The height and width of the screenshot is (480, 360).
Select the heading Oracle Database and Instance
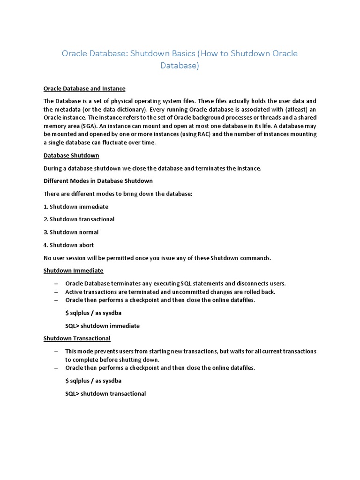[84, 89]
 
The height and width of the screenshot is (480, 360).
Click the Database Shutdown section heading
[71, 155]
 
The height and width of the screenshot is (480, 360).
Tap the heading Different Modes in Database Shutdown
[98, 181]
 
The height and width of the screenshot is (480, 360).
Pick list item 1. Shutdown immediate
[76, 207]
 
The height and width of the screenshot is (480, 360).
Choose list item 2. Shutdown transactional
[79, 219]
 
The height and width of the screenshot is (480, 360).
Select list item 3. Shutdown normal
[71, 232]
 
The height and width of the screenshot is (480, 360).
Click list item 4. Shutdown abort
[68, 245]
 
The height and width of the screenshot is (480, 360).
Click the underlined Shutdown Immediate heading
[73, 270]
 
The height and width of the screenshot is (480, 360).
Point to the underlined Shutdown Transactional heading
[77, 338]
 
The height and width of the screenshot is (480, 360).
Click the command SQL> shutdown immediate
[102, 326]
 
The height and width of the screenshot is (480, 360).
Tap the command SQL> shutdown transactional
[105, 393]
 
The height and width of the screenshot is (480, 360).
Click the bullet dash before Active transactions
[56, 292]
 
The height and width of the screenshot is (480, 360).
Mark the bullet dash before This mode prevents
[56, 352]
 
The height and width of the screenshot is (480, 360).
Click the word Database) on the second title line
[180, 66]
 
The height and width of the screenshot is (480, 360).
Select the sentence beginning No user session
[157, 258]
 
